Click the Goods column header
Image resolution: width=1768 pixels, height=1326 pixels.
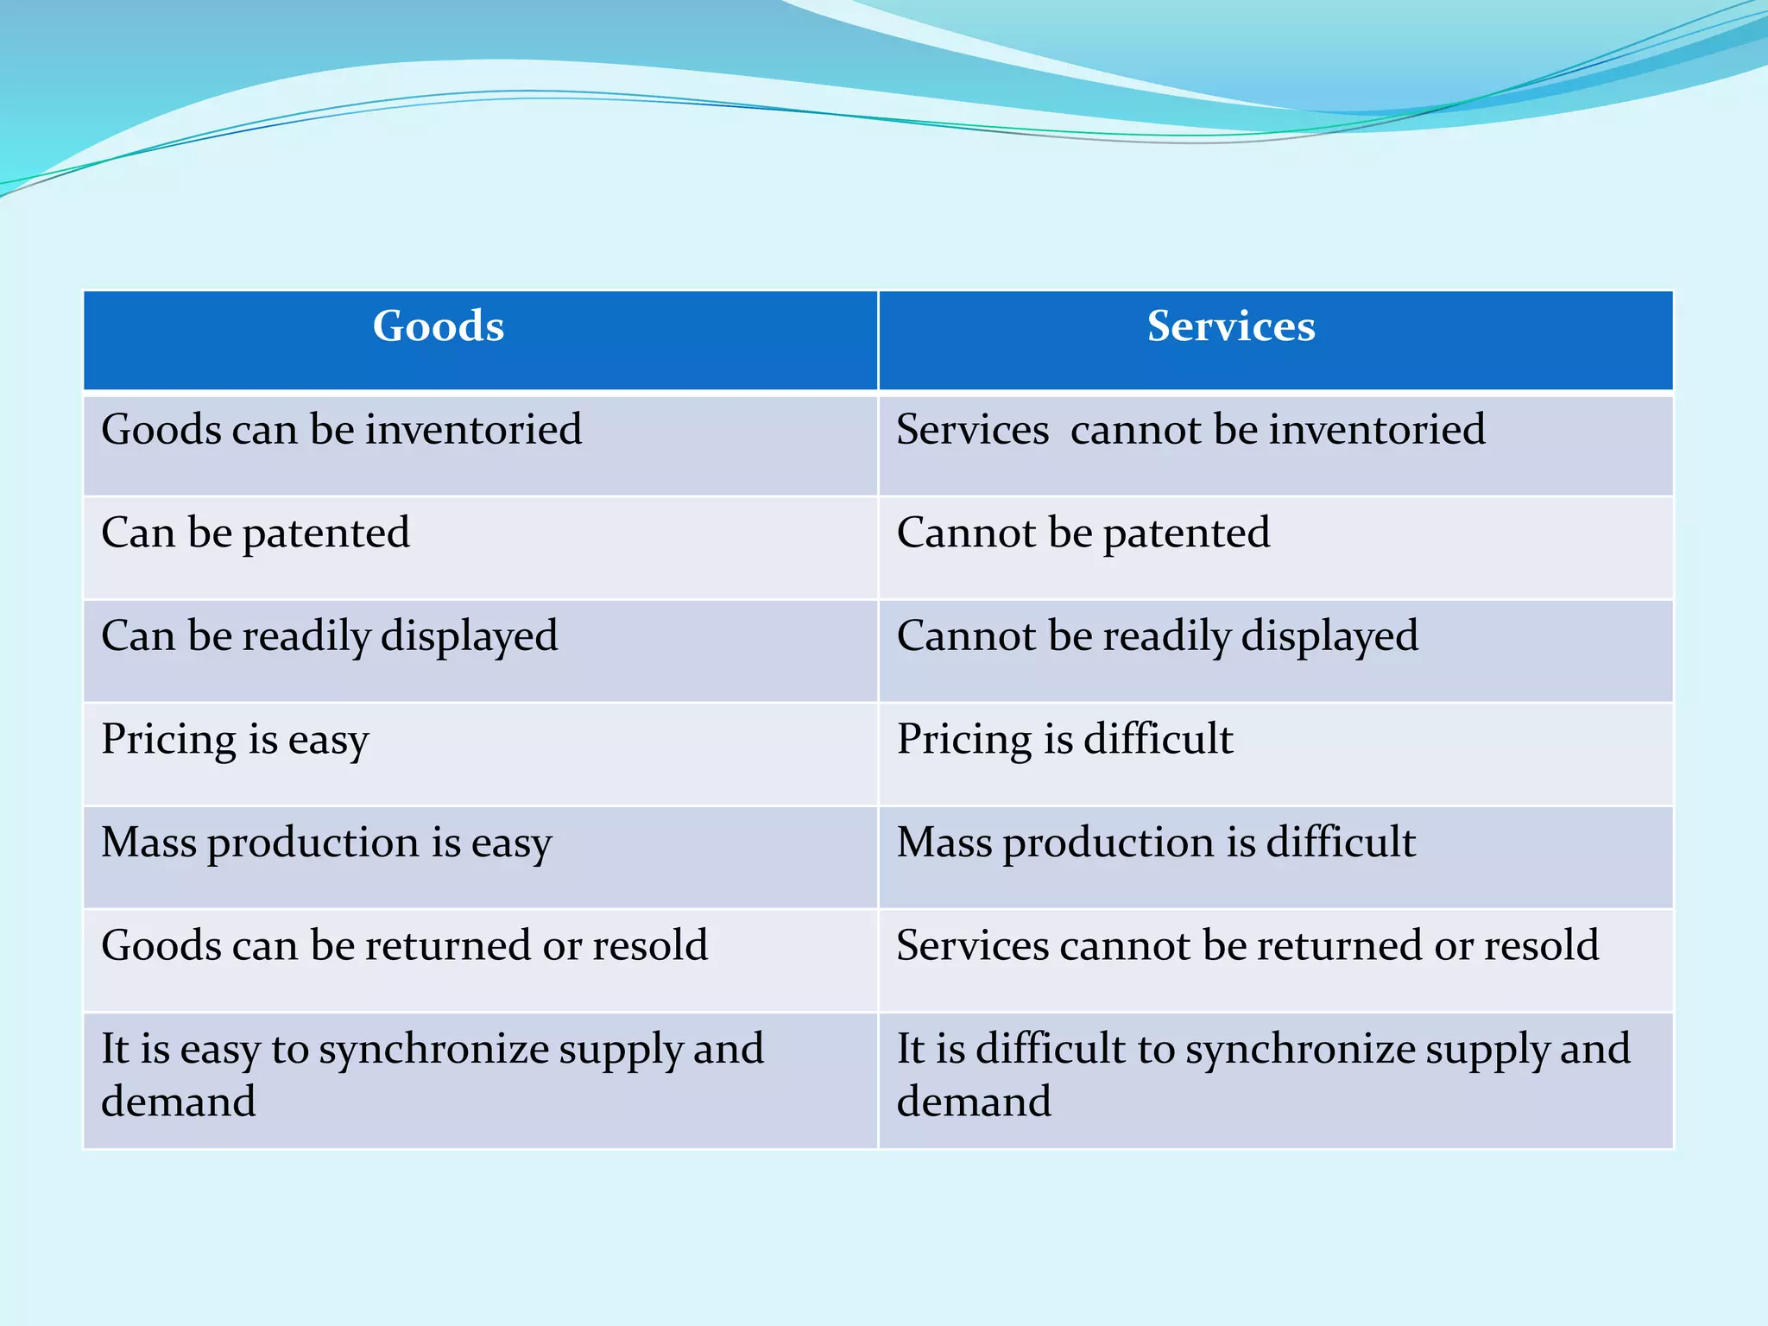click(x=439, y=327)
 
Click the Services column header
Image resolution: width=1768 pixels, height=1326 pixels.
click(x=1231, y=327)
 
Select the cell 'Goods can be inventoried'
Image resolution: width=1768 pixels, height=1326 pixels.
click(x=342, y=430)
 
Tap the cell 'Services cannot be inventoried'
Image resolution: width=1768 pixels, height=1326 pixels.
click(x=1191, y=430)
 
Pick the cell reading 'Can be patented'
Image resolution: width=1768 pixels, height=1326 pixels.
click(x=256, y=533)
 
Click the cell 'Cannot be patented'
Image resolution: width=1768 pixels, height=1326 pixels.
click(x=1083, y=533)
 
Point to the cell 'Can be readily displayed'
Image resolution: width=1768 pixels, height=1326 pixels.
click(x=330, y=636)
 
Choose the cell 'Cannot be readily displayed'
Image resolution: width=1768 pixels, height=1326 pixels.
click(x=1157, y=636)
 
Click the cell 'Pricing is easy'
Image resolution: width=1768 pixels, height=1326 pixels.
click(x=235, y=740)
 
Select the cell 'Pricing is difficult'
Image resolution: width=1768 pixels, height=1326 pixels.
click(x=1064, y=740)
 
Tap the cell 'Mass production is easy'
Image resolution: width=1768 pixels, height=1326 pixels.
click(x=326, y=843)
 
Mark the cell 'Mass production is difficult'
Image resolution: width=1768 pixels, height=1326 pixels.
click(x=1156, y=843)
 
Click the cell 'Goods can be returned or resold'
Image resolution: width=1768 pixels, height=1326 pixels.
click(x=404, y=945)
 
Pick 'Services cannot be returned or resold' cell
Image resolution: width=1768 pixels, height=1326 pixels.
click(x=1247, y=945)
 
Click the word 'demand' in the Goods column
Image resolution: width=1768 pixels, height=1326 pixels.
click(x=179, y=1102)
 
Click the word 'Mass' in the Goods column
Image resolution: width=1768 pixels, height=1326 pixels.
click(x=148, y=843)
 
